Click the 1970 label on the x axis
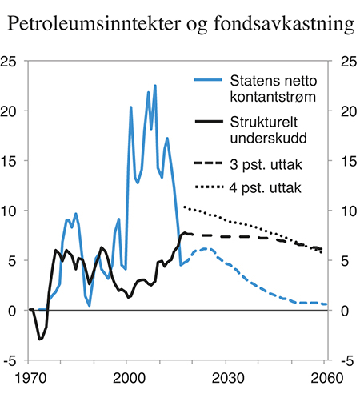29,376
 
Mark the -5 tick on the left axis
14,360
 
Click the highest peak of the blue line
155,86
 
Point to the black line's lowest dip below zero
40,339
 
